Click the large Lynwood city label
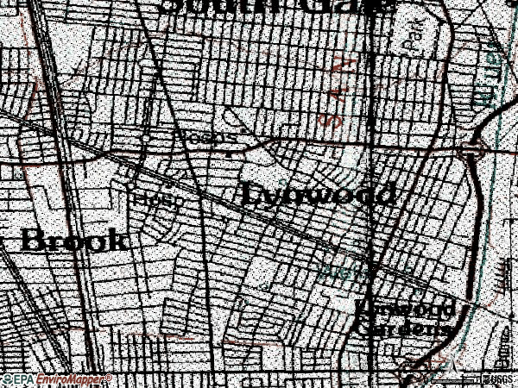(317, 195)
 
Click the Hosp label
(158, 199)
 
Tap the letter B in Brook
(31, 239)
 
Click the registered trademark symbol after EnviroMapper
(109, 376)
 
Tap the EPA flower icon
(7, 379)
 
